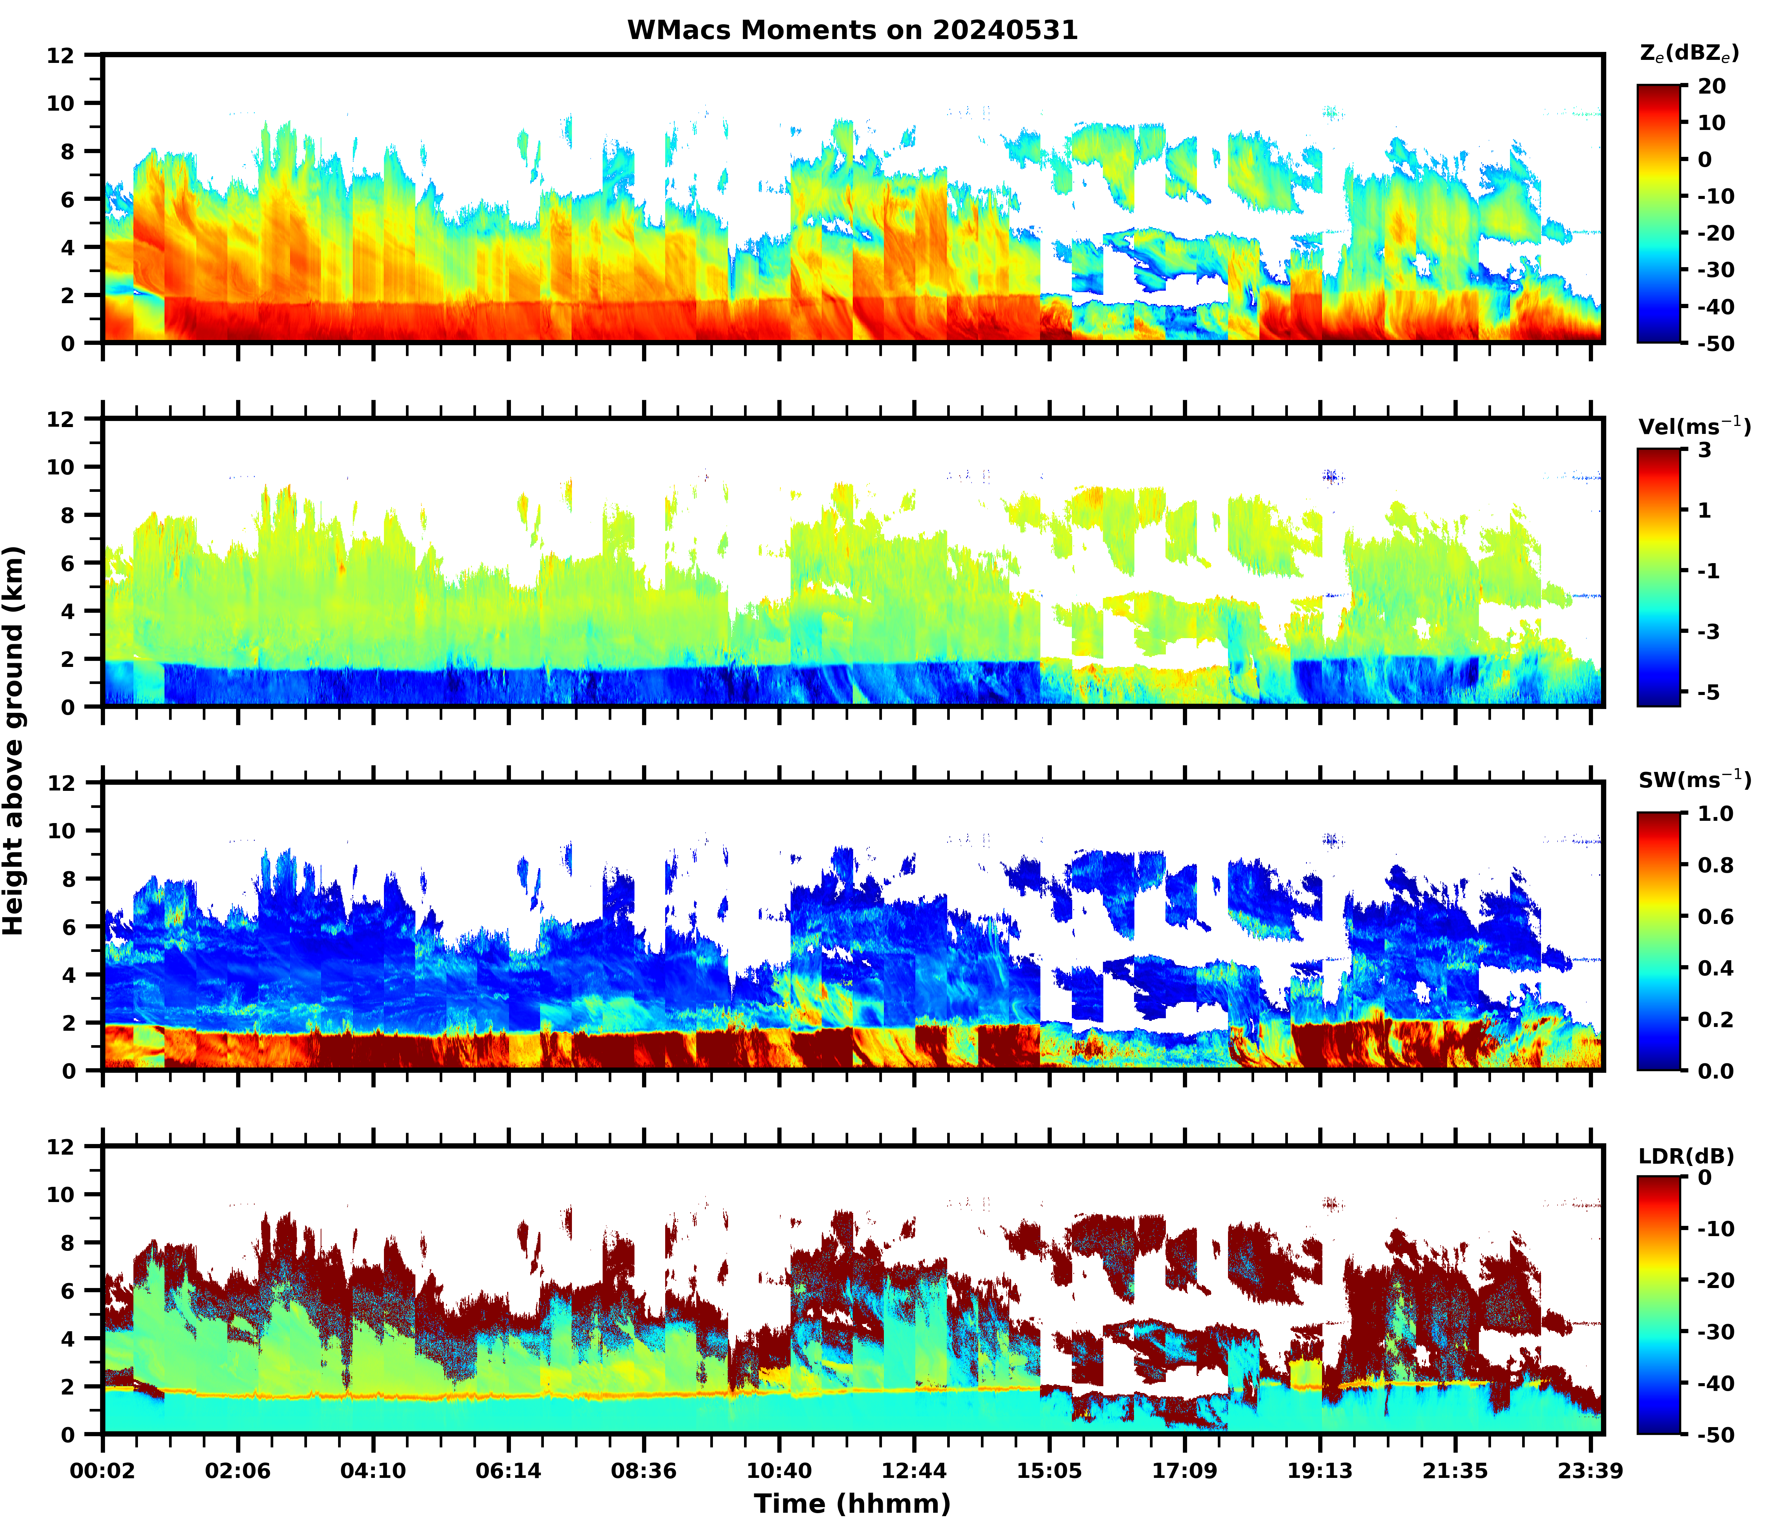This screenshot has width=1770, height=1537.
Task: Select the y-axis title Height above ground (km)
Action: pos(14,740)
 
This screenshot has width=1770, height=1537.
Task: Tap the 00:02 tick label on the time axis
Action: pos(103,1471)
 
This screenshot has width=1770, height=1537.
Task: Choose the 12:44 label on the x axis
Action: pos(914,1471)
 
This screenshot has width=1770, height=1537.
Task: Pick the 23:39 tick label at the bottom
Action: pos(1590,1471)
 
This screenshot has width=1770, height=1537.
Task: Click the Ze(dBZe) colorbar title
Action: pos(1689,53)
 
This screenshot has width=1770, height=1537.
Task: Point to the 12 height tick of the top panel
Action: pos(62,55)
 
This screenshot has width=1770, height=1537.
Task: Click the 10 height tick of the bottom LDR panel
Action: pos(62,1195)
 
